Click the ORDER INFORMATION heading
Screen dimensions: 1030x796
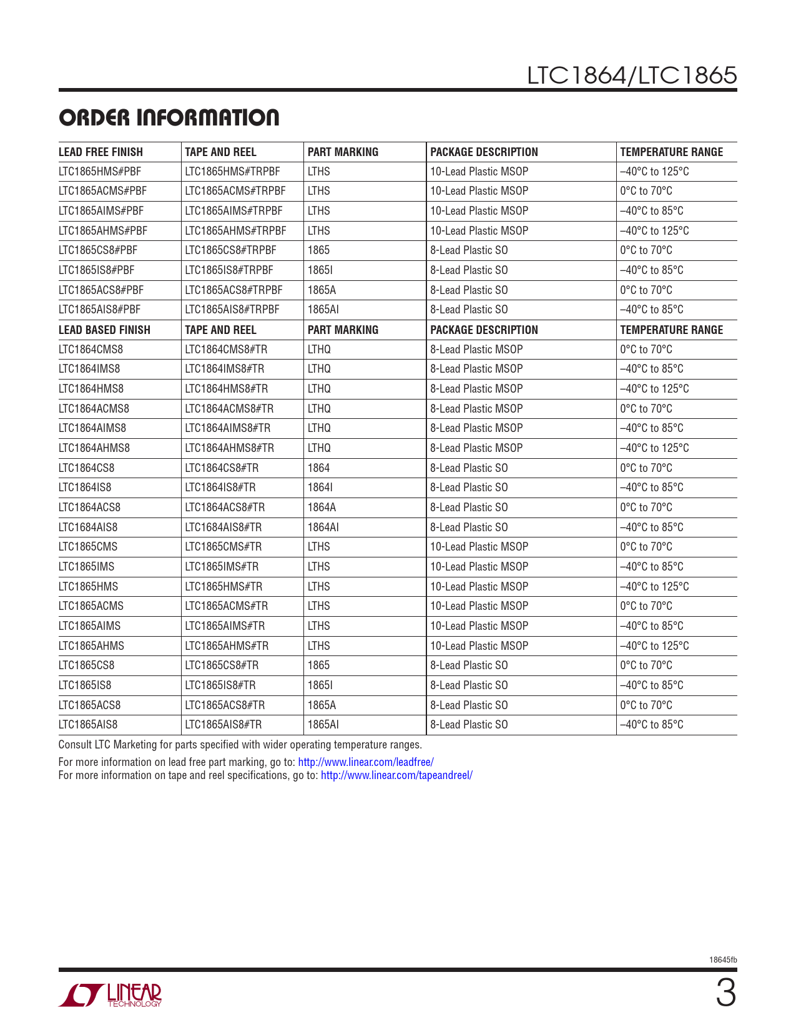coord(169,118)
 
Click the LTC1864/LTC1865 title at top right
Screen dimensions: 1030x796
coord(631,76)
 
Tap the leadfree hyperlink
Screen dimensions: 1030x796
coord(365,762)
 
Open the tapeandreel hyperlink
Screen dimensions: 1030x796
coord(396,775)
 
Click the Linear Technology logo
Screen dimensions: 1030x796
coord(111,995)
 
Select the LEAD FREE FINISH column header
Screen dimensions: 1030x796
coord(101,152)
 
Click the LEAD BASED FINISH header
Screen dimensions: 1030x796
coord(104,330)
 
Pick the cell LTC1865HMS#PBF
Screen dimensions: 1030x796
coord(100,172)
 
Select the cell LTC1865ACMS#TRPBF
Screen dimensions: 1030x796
coord(235,191)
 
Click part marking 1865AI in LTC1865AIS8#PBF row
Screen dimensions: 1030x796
coord(323,310)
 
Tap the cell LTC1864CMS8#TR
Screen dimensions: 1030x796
coord(226,350)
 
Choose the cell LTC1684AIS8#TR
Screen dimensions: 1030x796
coord(224,527)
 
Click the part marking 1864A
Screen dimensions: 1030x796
coord(322,508)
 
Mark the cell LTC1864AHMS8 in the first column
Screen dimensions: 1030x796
coord(94,448)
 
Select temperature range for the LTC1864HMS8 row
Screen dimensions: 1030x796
coord(654,389)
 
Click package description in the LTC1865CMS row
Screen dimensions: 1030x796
coord(479,547)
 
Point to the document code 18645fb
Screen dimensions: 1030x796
coord(723,960)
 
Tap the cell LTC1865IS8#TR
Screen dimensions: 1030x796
coord(220,685)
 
